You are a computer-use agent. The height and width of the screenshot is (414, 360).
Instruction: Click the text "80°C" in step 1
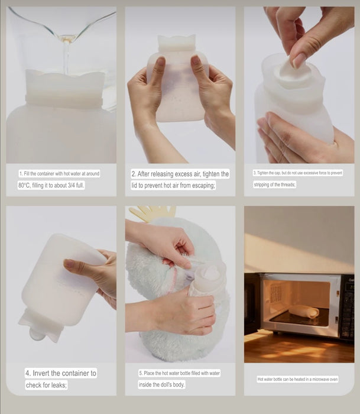point(24,185)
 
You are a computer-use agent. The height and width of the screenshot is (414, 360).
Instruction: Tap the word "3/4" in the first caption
point(72,185)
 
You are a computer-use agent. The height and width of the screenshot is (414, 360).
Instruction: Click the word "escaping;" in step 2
point(203,186)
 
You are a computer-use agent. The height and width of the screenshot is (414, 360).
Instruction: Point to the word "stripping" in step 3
point(262,185)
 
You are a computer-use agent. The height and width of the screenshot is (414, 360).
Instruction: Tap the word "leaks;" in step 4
point(59,385)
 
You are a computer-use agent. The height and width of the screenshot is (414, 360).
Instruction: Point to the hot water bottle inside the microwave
point(303,310)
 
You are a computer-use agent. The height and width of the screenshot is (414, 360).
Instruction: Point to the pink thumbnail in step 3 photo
point(299,60)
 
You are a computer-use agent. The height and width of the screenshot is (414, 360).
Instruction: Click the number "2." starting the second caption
point(134,174)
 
